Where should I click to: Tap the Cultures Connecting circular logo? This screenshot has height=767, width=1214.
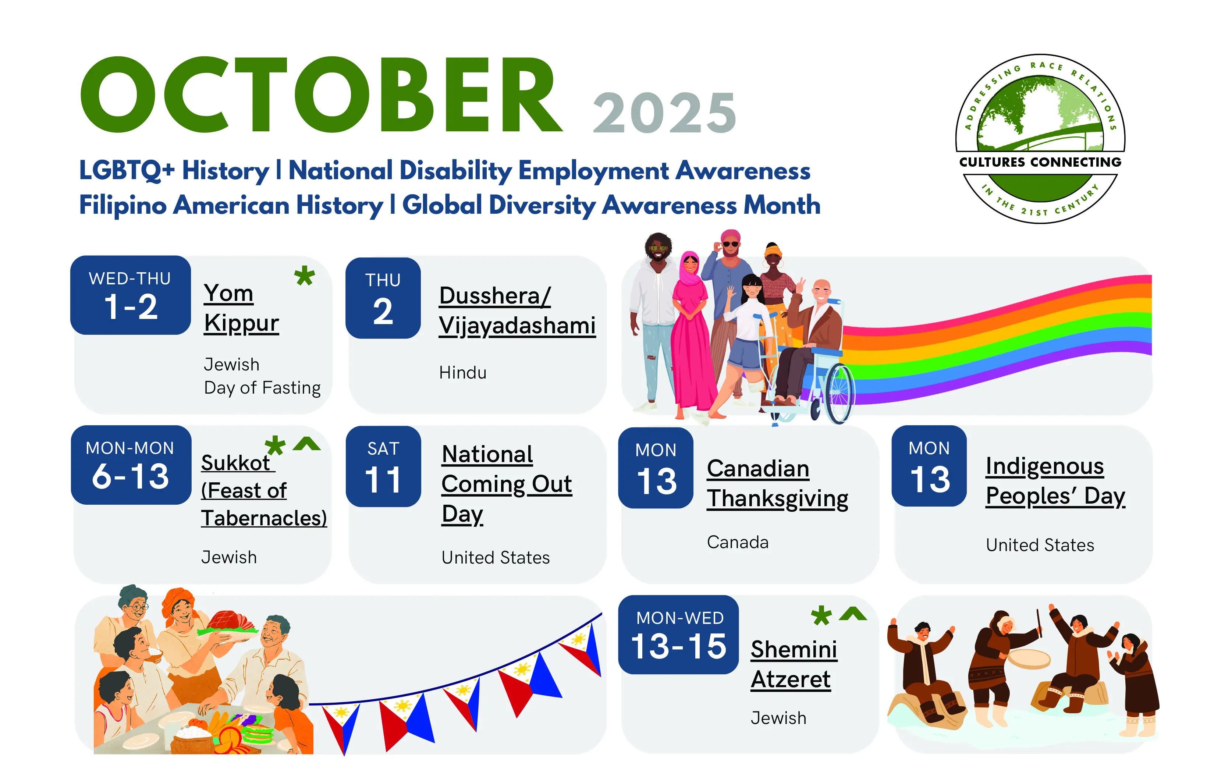pos(1040,139)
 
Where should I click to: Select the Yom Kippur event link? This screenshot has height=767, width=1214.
pos(241,308)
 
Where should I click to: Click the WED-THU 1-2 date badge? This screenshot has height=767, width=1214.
pos(131,295)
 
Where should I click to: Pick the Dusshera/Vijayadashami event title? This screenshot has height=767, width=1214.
pos(517,310)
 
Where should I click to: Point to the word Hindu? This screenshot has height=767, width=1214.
pos(463,373)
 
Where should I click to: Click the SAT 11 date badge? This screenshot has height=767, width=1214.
pos(383,466)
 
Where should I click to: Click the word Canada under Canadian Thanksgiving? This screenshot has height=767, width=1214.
pos(738,542)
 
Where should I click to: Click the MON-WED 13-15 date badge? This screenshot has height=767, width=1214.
pos(679,634)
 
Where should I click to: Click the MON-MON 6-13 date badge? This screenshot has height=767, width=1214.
pos(131,465)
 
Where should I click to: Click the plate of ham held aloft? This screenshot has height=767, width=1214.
pos(228,625)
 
